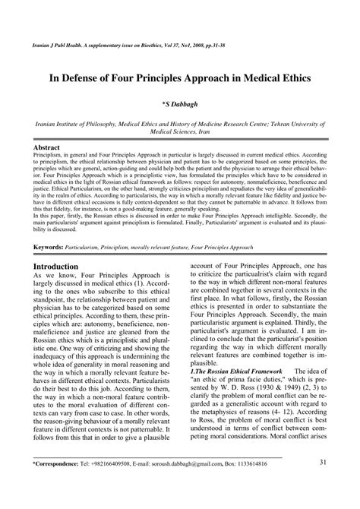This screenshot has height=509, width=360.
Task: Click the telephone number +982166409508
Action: (111, 485)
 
